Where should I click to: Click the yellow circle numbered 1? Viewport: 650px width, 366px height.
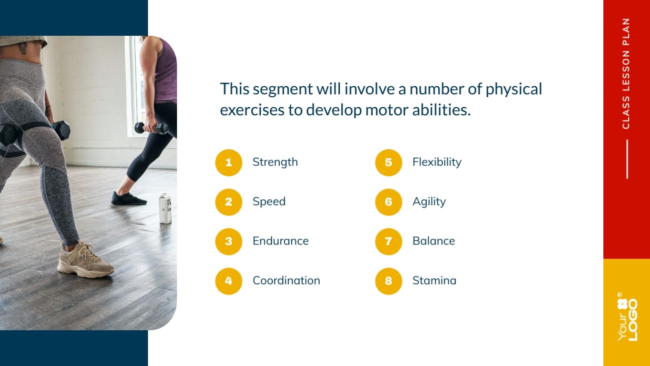pos(229,163)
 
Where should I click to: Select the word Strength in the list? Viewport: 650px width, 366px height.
pos(275,162)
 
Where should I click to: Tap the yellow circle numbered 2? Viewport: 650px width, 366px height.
pos(229,202)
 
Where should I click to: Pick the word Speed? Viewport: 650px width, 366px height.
pos(269,202)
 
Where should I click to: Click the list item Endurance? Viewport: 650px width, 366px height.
pos(280,241)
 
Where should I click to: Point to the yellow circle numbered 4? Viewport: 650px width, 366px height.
pos(229,281)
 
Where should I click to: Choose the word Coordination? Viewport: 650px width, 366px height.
pos(286,281)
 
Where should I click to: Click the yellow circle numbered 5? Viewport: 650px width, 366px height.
pos(389,163)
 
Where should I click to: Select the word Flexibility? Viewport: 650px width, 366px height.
pos(437,162)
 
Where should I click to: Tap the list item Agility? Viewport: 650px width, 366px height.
pos(429,202)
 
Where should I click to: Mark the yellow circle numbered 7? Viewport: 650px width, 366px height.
pos(389,242)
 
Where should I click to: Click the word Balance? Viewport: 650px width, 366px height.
pos(433,241)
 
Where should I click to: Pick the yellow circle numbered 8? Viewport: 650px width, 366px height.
pos(389,281)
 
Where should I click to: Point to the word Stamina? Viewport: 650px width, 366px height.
pos(434,281)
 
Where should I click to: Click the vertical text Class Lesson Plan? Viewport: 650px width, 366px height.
pos(626,73)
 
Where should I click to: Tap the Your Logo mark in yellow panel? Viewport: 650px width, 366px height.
pos(627,316)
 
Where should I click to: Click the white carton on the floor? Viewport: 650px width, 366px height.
pos(165,209)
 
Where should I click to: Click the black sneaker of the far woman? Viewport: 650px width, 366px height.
pos(128,198)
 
